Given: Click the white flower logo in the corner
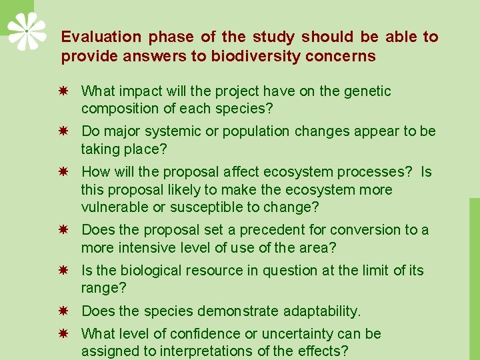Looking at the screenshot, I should tap(27, 31).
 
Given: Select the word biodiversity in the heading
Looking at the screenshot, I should tap(250, 57).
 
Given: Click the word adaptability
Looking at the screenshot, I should tap(321, 311).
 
